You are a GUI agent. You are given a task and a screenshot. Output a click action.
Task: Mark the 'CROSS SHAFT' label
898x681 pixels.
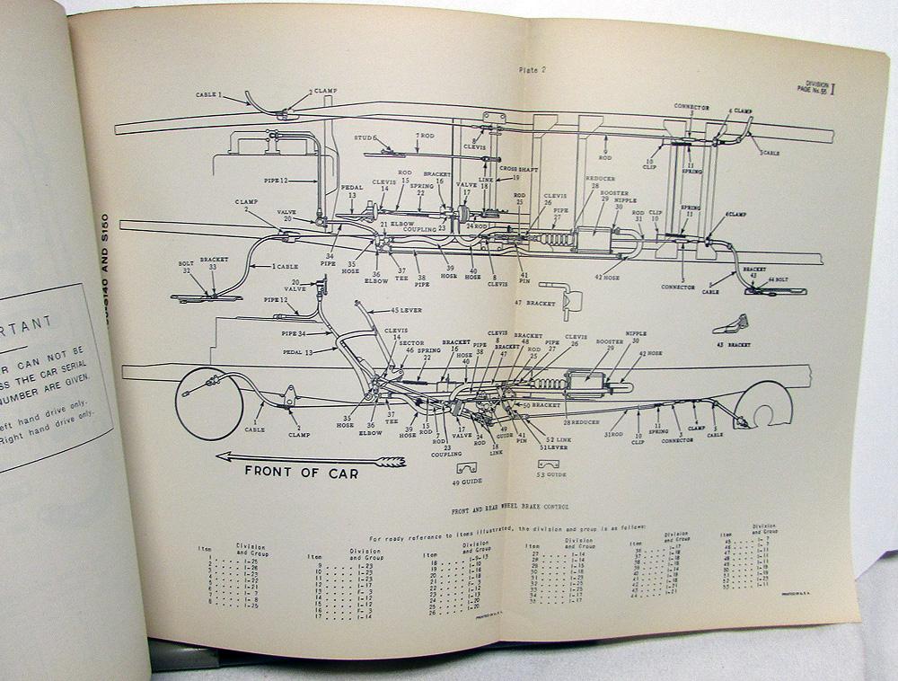click(x=519, y=169)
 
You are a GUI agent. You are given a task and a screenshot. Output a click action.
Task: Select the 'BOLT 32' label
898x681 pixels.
click(x=187, y=268)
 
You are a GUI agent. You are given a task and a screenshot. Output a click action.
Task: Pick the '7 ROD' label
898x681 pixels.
click(x=424, y=136)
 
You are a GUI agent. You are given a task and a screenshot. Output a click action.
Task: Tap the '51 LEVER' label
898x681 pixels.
click(x=554, y=447)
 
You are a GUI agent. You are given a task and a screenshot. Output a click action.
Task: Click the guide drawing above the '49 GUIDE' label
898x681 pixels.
click(x=467, y=467)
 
